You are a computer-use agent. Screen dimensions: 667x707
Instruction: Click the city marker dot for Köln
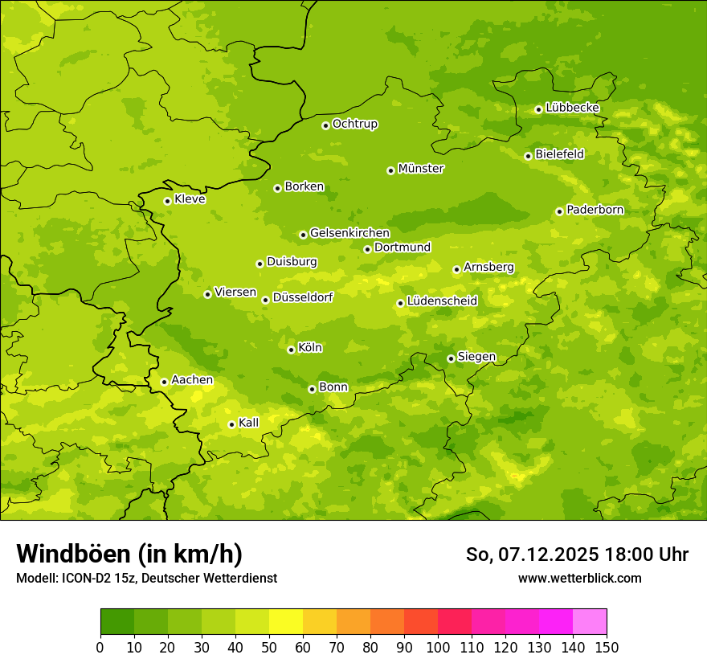pos(291,350)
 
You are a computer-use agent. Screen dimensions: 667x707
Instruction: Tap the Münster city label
pos(421,169)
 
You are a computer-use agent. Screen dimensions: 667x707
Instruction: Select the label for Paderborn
pos(595,210)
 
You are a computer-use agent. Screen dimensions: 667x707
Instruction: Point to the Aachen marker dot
pos(164,382)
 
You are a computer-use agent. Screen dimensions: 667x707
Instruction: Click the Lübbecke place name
pos(572,108)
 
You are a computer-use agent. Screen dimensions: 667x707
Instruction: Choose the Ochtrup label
pos(354,124)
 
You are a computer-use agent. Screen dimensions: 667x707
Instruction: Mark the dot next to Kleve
pos(167,201)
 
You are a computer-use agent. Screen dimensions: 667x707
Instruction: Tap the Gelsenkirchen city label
pos(349,233)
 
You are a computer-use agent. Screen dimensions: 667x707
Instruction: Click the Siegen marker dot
pos(451,358)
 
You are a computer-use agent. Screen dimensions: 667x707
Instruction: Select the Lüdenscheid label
pos(442,301)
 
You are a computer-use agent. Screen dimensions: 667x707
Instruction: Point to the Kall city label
pos(248,423)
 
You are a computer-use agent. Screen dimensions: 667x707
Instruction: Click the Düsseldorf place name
pos(302,297)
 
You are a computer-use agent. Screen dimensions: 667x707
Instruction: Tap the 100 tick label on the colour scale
pos(438,647)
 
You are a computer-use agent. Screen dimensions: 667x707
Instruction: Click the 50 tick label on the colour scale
pos(269,647)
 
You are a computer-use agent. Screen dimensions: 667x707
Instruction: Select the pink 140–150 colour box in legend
pos(590,622)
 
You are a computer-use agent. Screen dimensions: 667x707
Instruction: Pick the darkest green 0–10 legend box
pos(117,622)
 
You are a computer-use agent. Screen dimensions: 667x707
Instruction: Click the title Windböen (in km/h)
pos(129,554)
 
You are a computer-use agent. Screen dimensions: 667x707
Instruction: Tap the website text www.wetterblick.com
pos(579,578)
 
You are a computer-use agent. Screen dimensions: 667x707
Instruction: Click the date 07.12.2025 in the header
pos(548,554)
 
